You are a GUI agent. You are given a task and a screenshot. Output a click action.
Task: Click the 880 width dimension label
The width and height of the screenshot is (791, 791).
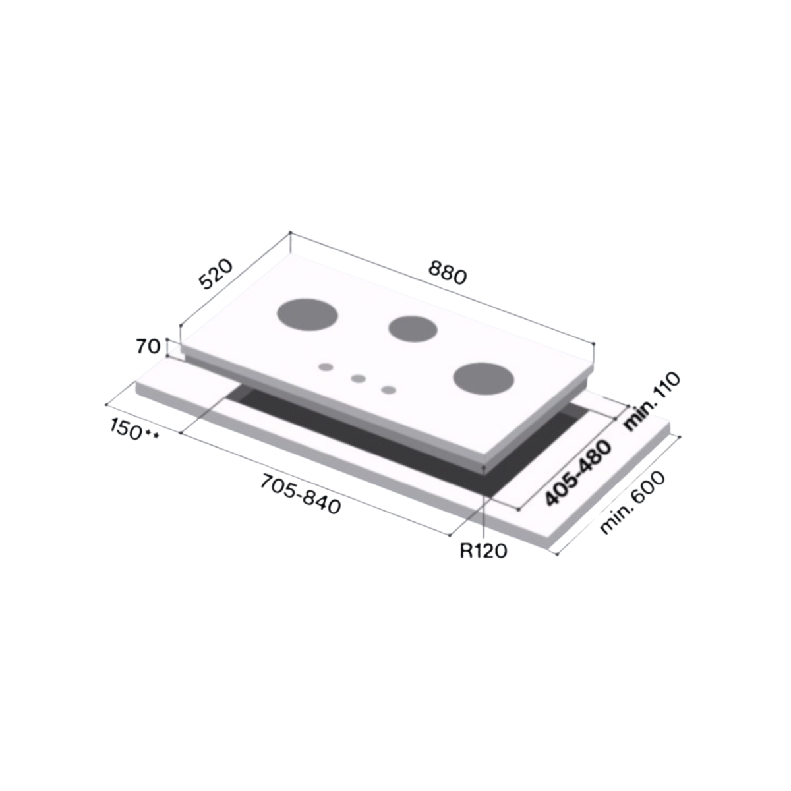[448, 272]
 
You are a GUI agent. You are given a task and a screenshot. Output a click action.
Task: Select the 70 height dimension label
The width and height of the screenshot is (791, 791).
[148, 347]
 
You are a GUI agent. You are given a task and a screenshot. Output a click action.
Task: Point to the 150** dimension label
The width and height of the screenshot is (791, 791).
[134, 430]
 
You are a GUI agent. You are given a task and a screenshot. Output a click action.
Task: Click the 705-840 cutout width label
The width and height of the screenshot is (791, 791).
[300, 494]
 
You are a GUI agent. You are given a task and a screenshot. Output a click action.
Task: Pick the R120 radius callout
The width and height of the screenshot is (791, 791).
[483, 551]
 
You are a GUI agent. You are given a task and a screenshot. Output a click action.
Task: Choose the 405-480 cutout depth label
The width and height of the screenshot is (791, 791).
[578, 473]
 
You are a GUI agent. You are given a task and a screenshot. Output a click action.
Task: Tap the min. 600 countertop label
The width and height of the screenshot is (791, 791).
[633, 502]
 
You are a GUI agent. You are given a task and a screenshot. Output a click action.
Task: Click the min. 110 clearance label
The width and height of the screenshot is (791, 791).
[652, 401]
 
